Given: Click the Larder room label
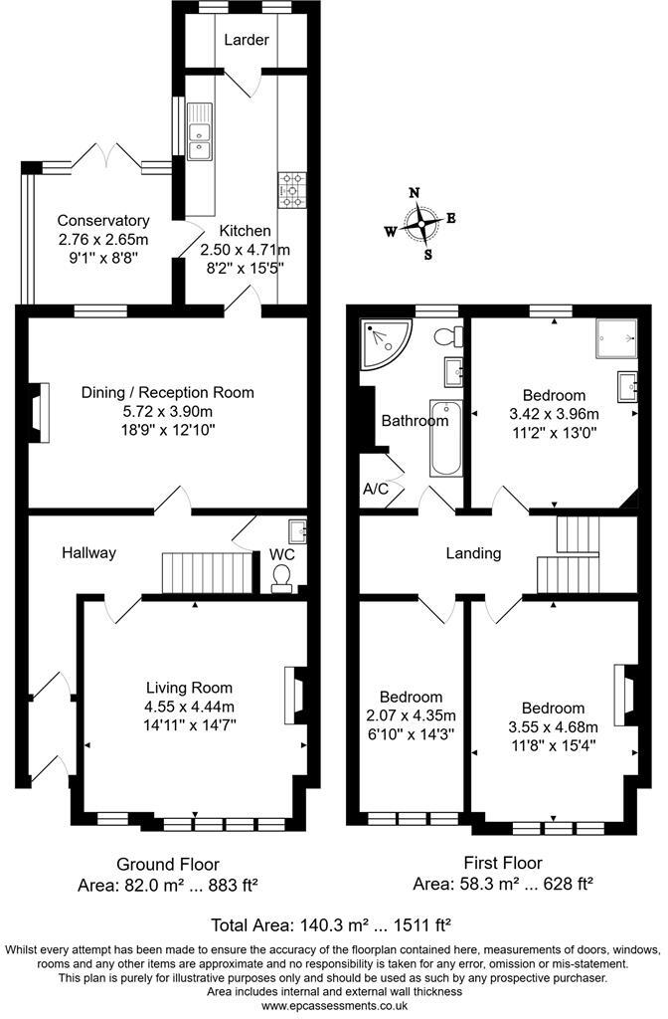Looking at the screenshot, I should (248, 40).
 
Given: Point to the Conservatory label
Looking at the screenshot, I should (103, 221).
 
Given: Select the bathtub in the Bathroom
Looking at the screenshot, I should (444, 439).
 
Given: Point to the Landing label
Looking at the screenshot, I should (473, 553).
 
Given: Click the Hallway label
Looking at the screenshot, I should (88, 552).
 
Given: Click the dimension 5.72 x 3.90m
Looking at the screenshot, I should (167, 411).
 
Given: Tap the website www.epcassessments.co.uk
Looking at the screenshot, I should (334, 1006).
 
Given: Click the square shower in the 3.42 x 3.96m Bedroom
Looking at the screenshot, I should (615, 339).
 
